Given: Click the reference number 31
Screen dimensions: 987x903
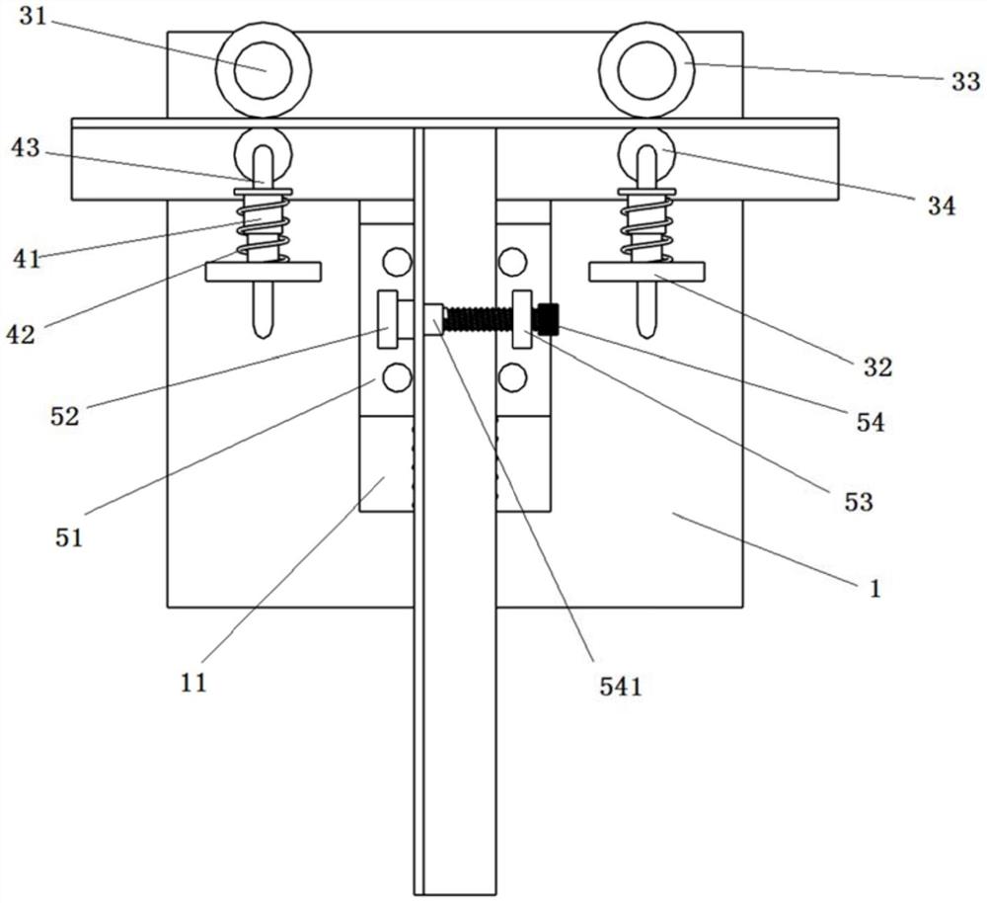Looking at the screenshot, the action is [34, 17].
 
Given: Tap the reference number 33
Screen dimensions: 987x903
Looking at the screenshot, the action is [965, 82].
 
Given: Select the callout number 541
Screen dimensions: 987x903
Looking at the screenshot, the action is [621, 687].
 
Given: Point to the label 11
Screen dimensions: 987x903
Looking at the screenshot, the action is [193, 683].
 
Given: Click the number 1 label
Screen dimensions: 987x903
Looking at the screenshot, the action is [874, 589].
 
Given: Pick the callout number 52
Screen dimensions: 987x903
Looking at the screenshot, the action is [65, 416].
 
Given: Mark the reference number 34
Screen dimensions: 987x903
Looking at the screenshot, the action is [942, 205].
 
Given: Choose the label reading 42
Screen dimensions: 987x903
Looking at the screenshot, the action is [21, 334].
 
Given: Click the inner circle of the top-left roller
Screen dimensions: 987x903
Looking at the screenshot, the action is [264, 70].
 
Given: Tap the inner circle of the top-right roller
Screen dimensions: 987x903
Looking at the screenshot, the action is [646, 70].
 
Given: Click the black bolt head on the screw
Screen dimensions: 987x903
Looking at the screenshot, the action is [547, 318].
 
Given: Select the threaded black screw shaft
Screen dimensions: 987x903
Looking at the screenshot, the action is [479, 319].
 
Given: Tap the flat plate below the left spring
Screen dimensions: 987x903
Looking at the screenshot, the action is [264, 272].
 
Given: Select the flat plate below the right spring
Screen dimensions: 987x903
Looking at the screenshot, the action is [646, 272].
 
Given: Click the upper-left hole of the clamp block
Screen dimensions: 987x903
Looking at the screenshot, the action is [397, 262].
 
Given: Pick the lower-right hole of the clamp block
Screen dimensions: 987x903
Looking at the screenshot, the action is [512, 377].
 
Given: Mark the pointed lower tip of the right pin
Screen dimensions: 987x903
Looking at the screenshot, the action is [646, 337].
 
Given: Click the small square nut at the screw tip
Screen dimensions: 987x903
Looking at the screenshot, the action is [434, 319].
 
